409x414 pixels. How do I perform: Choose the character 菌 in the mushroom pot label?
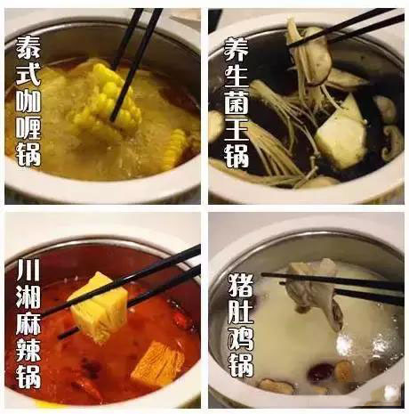click(x=237, y=104)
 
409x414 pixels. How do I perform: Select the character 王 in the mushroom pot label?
click(x=237, y=130)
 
